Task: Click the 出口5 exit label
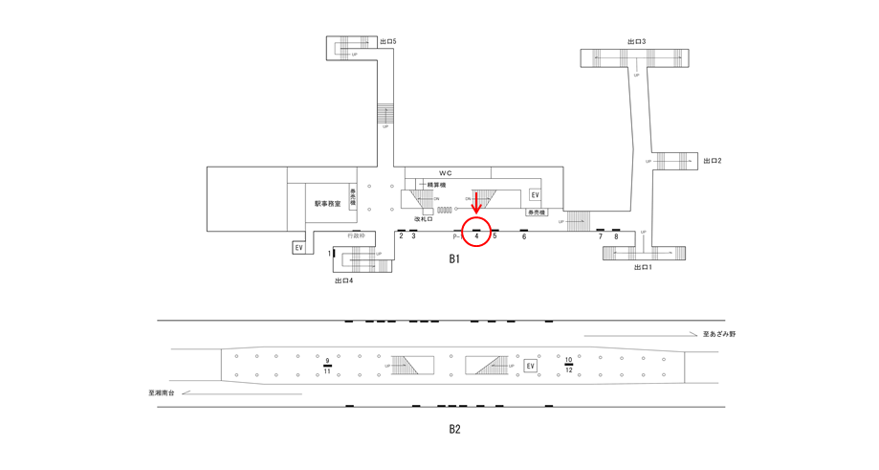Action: [387, 42]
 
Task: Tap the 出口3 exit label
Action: [636, 42]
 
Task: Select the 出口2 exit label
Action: [712, 161]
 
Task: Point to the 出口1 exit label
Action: [643, 268]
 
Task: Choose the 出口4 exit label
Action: [344, 280]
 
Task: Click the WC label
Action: [446, 172]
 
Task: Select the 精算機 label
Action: [438, 185]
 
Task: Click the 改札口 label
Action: [425, 219]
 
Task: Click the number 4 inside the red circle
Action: [476, 236]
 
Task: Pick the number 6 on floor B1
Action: [524, 236]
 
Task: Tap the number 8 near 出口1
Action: [616, 236]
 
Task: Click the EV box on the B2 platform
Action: [531, 366]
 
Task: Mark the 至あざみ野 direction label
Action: [718, 334]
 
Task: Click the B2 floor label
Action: [454, 430]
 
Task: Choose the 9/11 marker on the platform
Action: [327, 366]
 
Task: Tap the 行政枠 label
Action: [356, 235]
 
